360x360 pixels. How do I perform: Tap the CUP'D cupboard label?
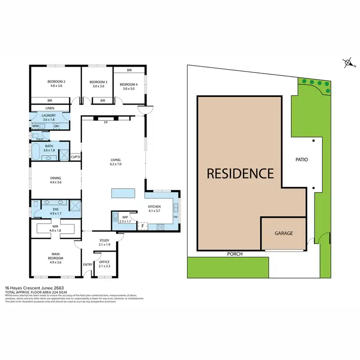point(75,157)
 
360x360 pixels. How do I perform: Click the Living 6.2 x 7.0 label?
point(115,162)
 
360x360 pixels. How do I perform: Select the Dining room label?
point(56,180)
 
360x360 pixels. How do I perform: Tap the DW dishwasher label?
point(176,216)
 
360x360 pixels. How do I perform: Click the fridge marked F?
point(142,226)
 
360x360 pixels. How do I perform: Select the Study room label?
point(105,242)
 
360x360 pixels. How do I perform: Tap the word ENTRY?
point(88,264)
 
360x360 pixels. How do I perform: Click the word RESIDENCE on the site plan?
point(240,173)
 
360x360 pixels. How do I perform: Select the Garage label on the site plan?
point(283,233)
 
